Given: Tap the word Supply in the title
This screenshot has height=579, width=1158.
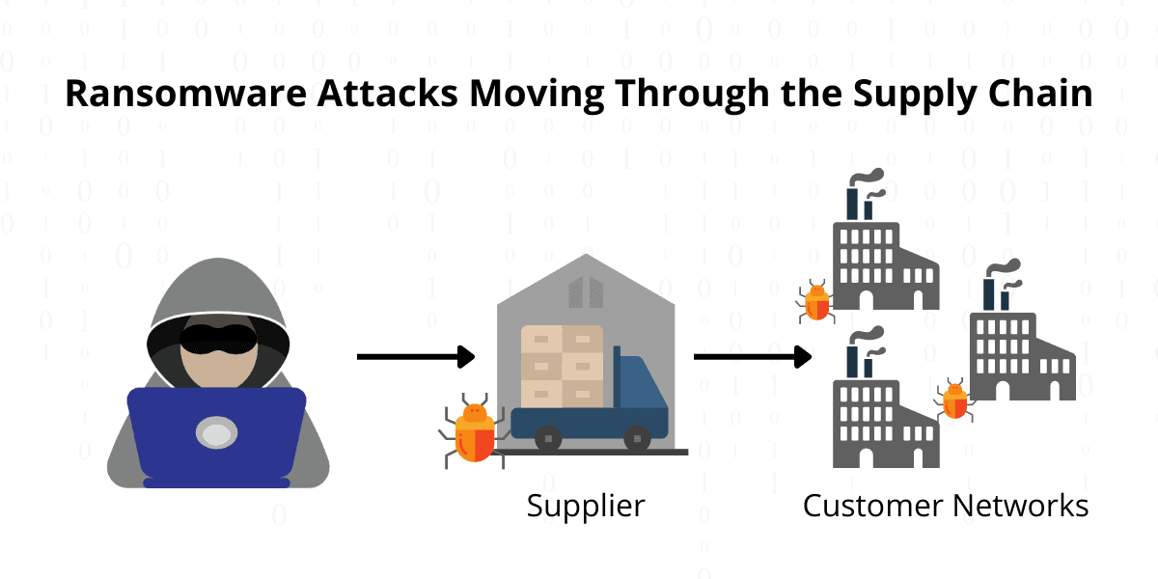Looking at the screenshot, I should (x=895, y=95).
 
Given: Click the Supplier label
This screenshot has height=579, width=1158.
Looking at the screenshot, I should (x=585, y=505).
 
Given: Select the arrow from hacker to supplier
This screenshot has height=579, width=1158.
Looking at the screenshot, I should (x=415, y=357).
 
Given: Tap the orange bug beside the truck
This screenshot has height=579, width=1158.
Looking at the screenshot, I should (x=473, y=431).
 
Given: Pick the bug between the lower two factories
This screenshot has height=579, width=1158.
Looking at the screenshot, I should (x=954, y=399).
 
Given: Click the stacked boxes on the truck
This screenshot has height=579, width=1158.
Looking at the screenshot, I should (x=562, y=365).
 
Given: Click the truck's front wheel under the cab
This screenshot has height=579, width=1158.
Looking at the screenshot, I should (x=637, y=438).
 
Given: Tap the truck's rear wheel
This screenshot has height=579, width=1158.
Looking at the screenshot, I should (x=548, y=438).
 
